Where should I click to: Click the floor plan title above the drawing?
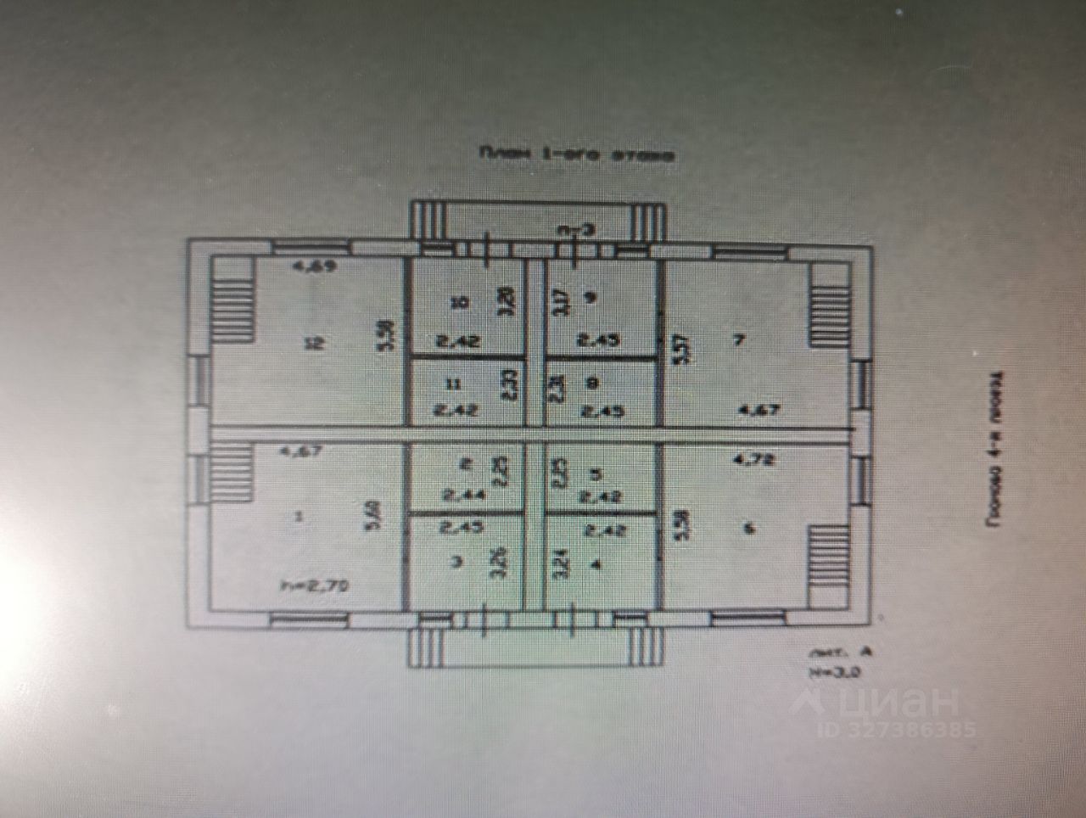pos(577,155)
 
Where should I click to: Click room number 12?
pos(315,344)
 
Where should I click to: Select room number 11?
pos(454,384)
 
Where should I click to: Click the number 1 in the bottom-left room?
pos(296,518)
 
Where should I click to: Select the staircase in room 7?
pos(828,302)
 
